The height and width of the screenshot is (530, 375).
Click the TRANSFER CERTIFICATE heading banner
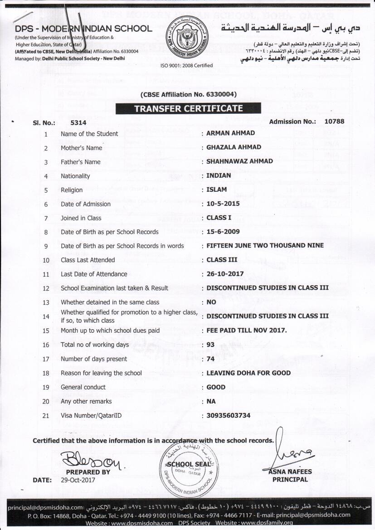click(x=188, y=109)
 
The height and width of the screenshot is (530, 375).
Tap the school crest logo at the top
click(x=187, y=39)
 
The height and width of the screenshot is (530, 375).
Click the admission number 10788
click(x=334, y=122)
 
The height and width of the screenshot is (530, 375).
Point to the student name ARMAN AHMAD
click(x=230, y=133)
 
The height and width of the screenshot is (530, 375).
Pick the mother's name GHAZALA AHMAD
click(x=234, y=147)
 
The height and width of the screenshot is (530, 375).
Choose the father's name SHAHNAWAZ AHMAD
click(x=239, y=161)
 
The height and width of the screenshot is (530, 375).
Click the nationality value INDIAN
click(x=219, y=175)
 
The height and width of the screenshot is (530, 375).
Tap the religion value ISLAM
click(x=216, y=190)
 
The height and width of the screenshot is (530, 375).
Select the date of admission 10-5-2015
click(x=223, y=204)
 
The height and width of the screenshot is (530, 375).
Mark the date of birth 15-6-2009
click(x=223, y=232)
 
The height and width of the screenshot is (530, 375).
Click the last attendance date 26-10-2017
click(x=225, y=274)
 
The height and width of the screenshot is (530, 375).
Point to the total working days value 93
click(x=210, y=345)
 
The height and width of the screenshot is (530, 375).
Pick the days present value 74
click(x=210, y=359)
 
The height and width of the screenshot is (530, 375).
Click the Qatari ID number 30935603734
click(x=228, y=415)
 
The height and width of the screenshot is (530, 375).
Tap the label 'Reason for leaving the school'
click(x=101, y=373)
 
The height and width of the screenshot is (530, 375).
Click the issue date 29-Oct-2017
click(x=78, y=480)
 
